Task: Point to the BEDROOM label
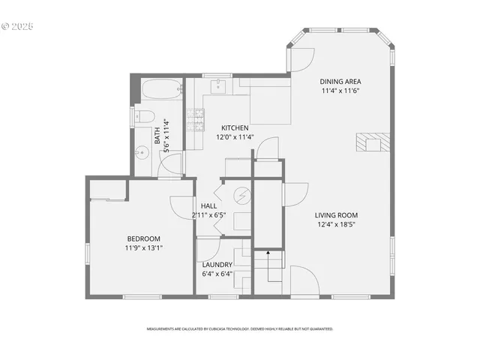point(143,238)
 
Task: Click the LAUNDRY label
point(217,265)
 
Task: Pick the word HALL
point(208,205)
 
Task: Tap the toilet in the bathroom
point(144,115)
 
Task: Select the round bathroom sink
point(141,153)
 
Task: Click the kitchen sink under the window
point(216,87)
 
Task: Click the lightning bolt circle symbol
point(241,196)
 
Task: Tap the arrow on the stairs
point(266,259)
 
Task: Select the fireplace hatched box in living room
point(370,142)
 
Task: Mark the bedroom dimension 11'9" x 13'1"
point(143,248)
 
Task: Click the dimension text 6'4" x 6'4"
point(217,274)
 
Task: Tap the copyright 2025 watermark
point(18,25)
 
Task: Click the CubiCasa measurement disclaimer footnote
point(240,328)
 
